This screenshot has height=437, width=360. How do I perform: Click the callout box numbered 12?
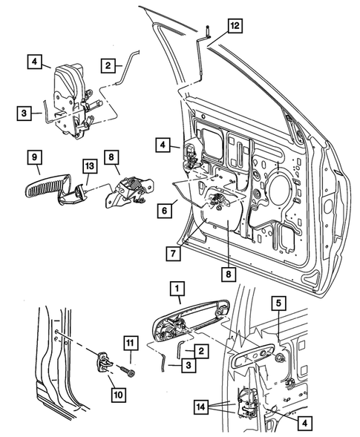pos(234,27)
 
